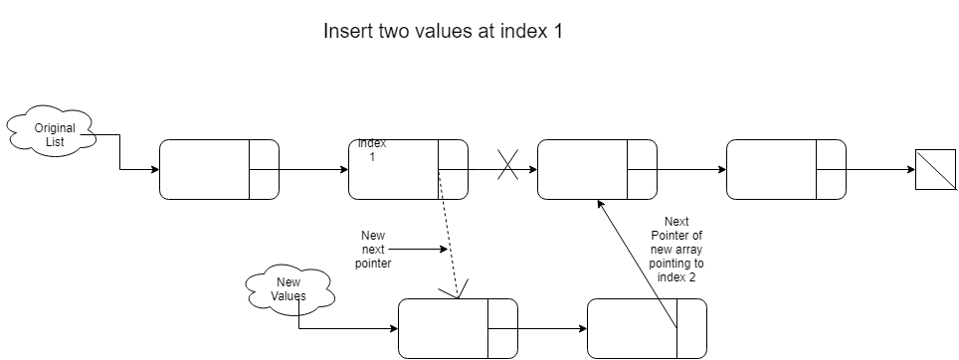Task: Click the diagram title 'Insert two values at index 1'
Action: [442, 31]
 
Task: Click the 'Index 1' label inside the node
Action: [372, 150]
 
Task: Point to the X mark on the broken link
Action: [507, 165]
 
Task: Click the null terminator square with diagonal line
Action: [935, 169]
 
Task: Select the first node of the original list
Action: [219, 169]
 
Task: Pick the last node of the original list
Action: [786, 169]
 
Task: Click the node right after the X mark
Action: [597, 169]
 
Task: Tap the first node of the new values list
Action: [458, 329]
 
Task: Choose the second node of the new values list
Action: [647, 329]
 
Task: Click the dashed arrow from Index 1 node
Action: [449, 234]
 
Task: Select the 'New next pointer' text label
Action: [373, 249]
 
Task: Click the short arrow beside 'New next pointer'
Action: [419, 249]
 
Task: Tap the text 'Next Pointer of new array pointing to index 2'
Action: [675, 249]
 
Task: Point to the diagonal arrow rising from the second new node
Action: [637, 265]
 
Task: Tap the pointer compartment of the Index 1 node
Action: [454, 169]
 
